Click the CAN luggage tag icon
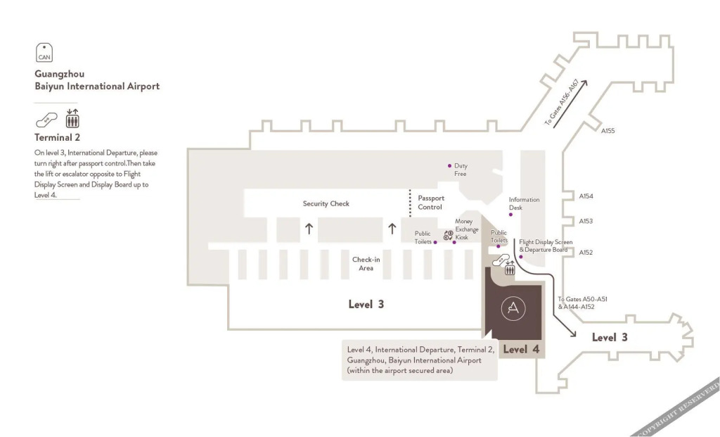pyautogui.click(x=44, y=51)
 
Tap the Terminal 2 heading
pyautogui.click(x=57, y=137)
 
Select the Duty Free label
pyautogui.click(x=461, y=170)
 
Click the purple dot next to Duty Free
pyautogui.click(x=449, y=166)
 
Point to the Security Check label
pyautogui.click(x=326, y=204)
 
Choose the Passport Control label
pyautogui.click(x=430, y=203)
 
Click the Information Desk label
pyautogui.click(x=524, y=203)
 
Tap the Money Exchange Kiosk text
pyautogui.click(x=466, y=229)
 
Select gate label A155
pyautogui.click(x=607, y=131)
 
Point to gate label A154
pyautogui.click(x=586, y=197)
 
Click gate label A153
pyautogui.click(x=586, y=221)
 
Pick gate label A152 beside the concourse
pyautogui.click(x=586, y=253)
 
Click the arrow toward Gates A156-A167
pyautogui.click(x=570, y=105)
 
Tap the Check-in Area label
pyautogui.click(x=366, y=263)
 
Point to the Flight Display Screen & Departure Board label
pyautogui.click(x=546, y=246)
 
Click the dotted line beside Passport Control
pyautogui.click(x=410, y=203)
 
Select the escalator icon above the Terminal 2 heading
pyautogui.click(x=46, y=120)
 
